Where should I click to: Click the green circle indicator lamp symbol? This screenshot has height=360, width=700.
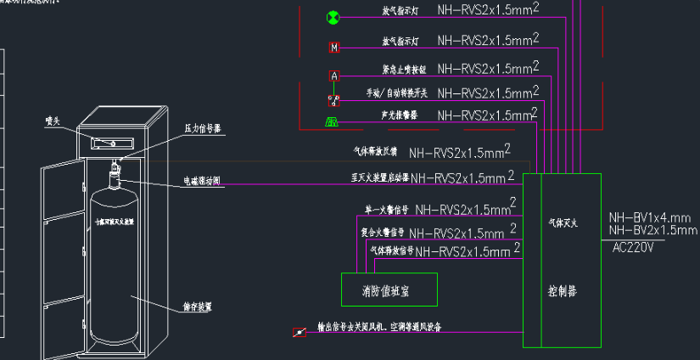pos(333,17)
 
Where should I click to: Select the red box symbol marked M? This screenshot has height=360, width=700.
pos(333,47)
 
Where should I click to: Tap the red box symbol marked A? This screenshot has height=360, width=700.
pos(333,76)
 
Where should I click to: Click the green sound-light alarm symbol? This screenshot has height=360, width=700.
pos(333,122)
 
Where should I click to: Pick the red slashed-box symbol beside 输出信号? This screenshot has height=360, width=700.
pos(299,332)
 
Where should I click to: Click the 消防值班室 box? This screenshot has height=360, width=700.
pos(389,290)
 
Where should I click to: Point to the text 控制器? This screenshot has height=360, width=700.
pos(561,290)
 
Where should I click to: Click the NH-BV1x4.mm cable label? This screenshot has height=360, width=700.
pos(650,218)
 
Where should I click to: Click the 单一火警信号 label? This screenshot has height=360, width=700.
pos(386,209)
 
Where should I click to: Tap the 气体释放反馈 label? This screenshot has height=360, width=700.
pos(374,153)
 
